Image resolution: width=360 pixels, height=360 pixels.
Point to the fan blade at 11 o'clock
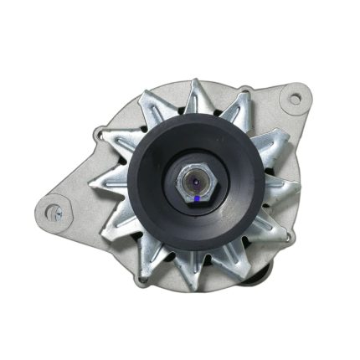coord(162,100)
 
